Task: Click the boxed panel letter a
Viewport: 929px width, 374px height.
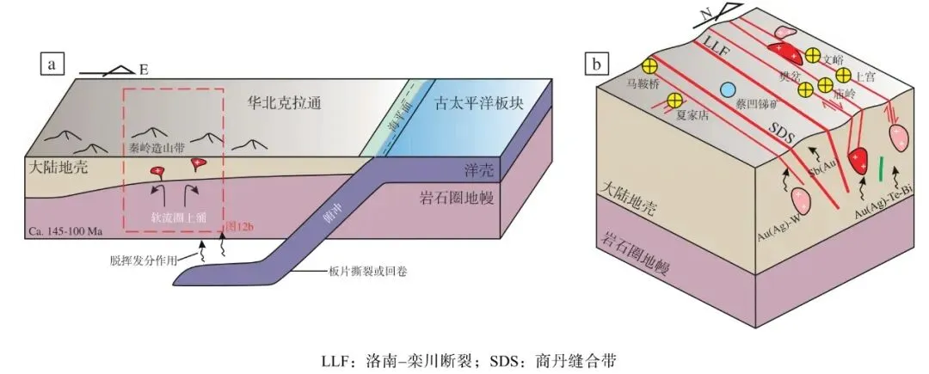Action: [x=54, y=63]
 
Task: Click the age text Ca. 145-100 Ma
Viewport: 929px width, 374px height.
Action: [x=70, y=232]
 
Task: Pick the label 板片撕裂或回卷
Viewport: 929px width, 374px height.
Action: [x=350, y=273]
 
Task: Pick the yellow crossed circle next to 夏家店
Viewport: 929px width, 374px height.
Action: [x=674, y=101]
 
